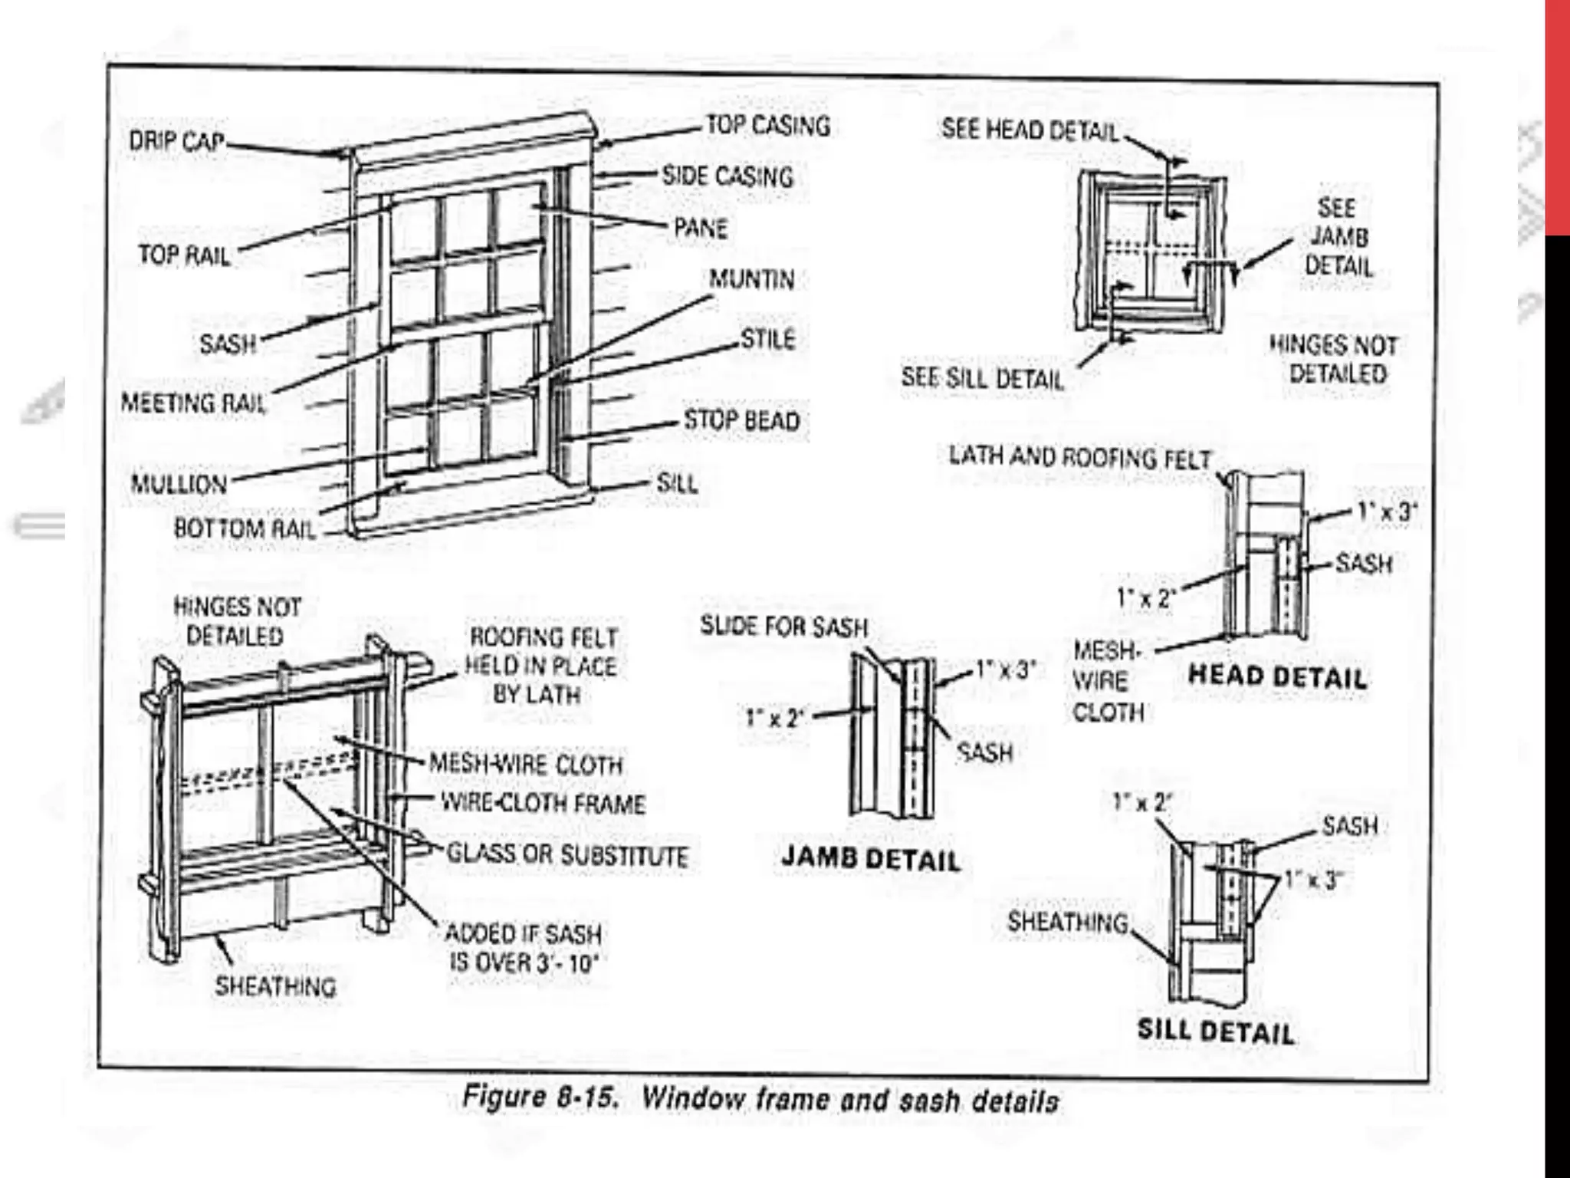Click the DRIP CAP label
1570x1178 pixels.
176,142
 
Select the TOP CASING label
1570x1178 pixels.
767,125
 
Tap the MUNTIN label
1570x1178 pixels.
751,279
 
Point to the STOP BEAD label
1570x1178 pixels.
741,420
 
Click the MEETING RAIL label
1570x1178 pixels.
193,403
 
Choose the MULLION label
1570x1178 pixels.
179,485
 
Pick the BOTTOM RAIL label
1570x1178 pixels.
245,528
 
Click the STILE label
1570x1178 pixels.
768,338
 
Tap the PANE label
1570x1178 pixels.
700,228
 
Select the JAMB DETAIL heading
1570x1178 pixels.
870,859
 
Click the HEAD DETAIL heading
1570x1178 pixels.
1277,676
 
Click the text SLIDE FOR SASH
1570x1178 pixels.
783,627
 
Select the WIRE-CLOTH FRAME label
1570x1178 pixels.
543,804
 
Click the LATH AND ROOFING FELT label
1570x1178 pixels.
1080,457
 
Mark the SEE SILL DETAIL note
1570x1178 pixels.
982,378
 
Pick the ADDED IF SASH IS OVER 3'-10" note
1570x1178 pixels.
524,948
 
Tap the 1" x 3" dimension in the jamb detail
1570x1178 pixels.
1005,670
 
